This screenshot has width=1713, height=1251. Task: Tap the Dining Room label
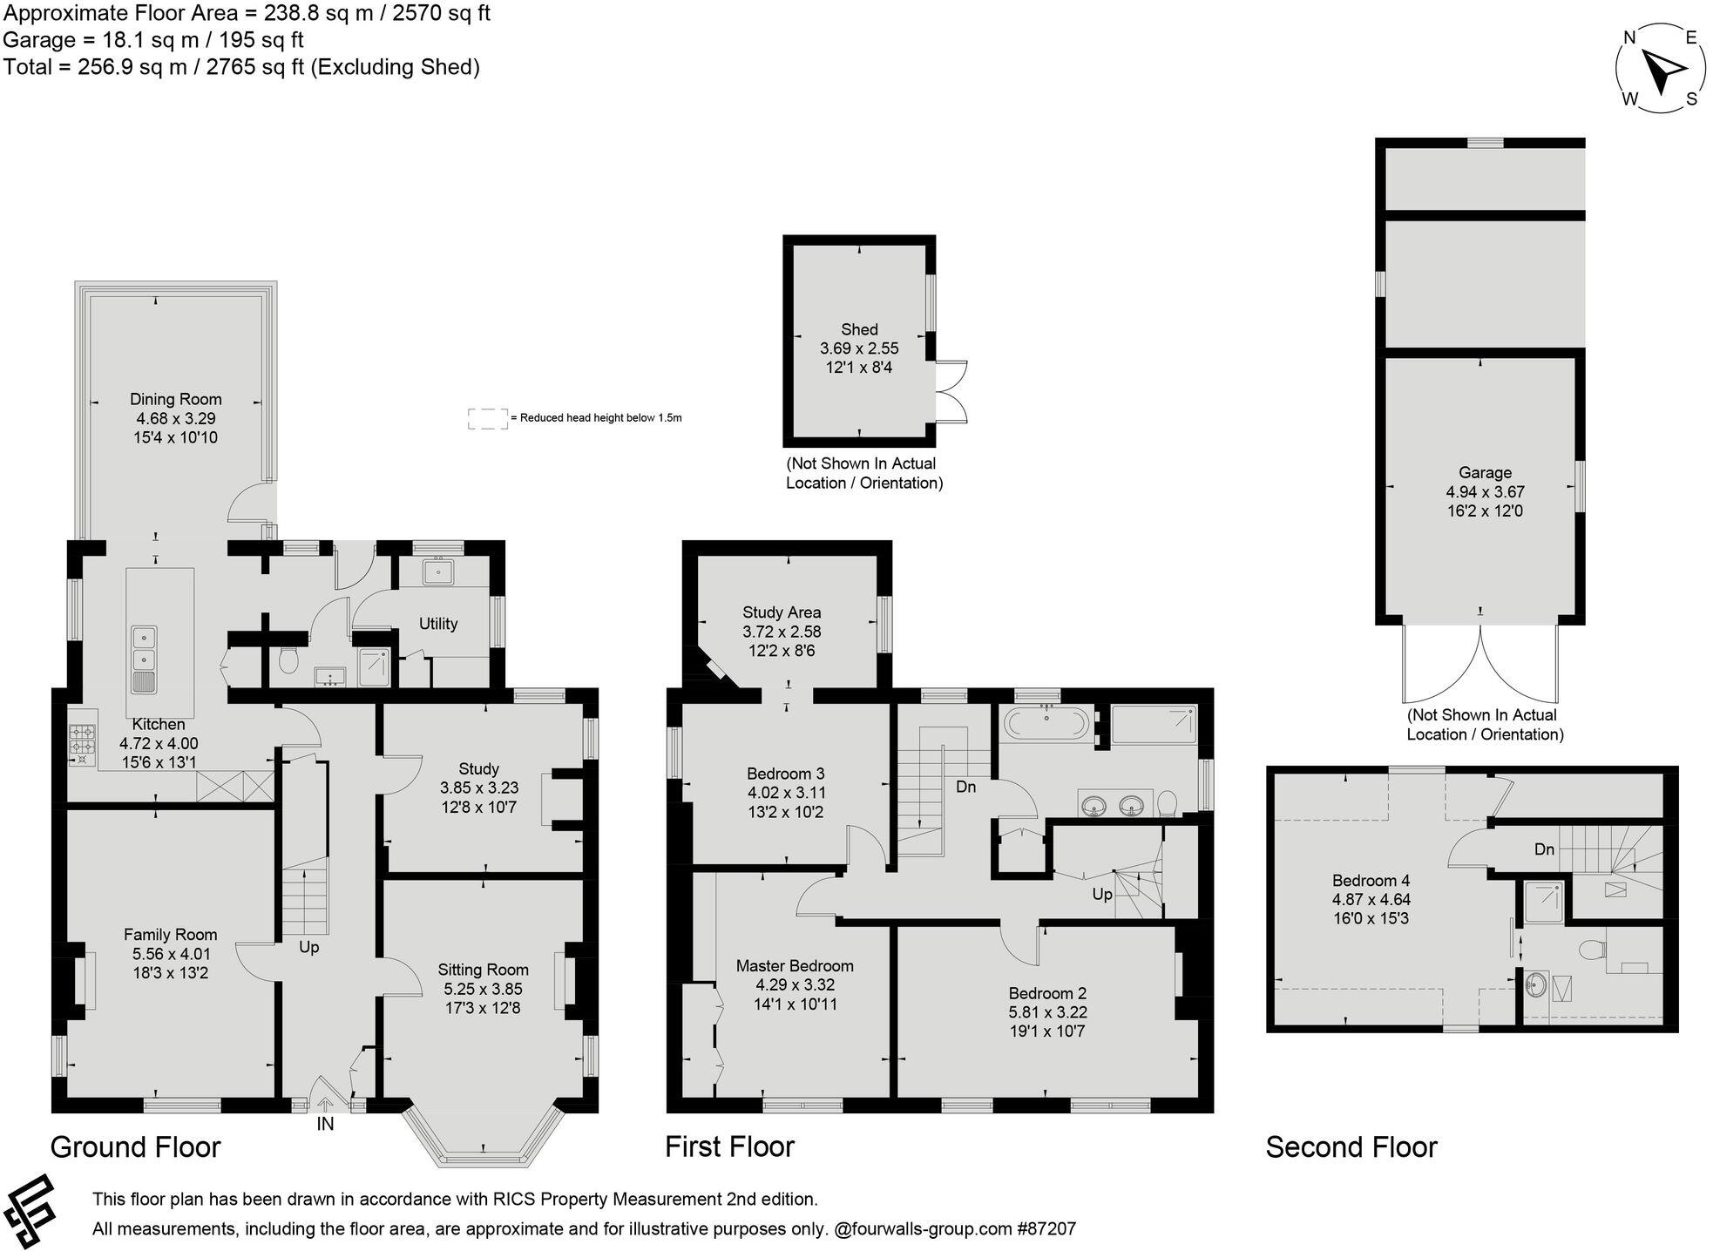coord(175,399)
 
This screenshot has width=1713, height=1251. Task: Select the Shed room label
coord(859,329)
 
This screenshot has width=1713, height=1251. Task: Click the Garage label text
coord(1485,472)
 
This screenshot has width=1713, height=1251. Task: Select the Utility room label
coord(437,624)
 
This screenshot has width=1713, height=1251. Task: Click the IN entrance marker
coord(325,1125)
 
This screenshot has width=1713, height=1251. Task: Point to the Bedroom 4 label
coord(1371,881)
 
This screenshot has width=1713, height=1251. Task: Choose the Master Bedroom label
coord(795,965)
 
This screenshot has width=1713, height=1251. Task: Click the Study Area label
coord(782,612)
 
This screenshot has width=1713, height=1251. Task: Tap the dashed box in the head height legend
coord(487,418)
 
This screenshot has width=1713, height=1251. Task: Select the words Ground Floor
coord(135,1147)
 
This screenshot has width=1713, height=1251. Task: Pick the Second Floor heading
coord(1351,1147)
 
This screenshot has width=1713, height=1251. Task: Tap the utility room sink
coord(437,571)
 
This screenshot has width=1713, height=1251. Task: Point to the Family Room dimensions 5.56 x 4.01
coord(170,954)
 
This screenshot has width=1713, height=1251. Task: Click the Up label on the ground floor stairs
coord(309,947)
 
